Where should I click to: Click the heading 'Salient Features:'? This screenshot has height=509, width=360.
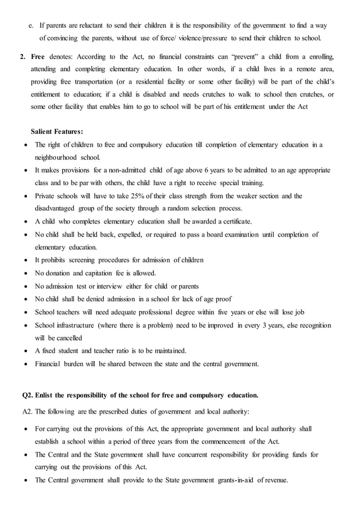[x=57, y=131]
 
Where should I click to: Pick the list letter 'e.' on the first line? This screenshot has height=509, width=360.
[x=32, y=25]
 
